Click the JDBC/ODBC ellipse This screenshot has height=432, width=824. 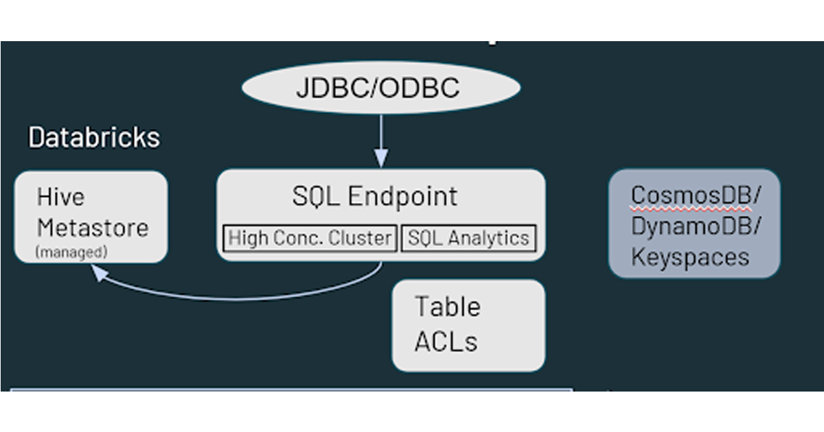click(x=380, y=88)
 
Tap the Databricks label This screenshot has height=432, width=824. click(x=94, y=138)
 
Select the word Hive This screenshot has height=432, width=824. click(x=60, y=197)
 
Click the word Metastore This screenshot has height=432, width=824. click(x=93, y=228)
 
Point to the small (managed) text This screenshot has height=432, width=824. click(x=71, y=252)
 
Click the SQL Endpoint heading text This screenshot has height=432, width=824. click(x=375, y=197)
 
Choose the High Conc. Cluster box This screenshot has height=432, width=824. click(x=310, y=239)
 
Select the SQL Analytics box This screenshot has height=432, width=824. click(x=468, y=239)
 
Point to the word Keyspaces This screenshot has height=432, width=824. click(x=690, y=257)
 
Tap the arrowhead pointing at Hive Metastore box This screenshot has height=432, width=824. click(x=100, y=274)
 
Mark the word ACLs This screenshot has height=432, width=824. click(x=446, y=341)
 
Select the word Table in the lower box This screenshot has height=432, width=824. click(x=448, y=307)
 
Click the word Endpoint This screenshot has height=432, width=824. click(x=402, y=197)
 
